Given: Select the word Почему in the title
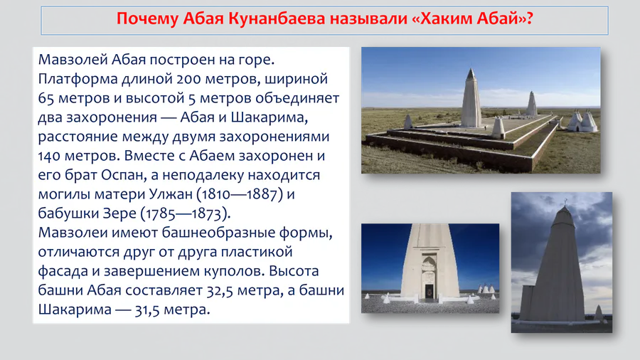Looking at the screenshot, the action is tap(147, 18).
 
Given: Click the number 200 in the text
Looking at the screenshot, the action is tap(188, 79).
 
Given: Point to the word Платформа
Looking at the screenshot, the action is tap(78, 79).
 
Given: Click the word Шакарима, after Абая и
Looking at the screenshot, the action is tap(270, 117).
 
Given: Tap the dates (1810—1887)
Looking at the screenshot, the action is tap(240, 194).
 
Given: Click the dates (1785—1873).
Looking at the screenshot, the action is tap(186, 213).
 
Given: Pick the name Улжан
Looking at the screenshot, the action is tap(170, 194).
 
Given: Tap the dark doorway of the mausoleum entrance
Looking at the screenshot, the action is tap(429, 292).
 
